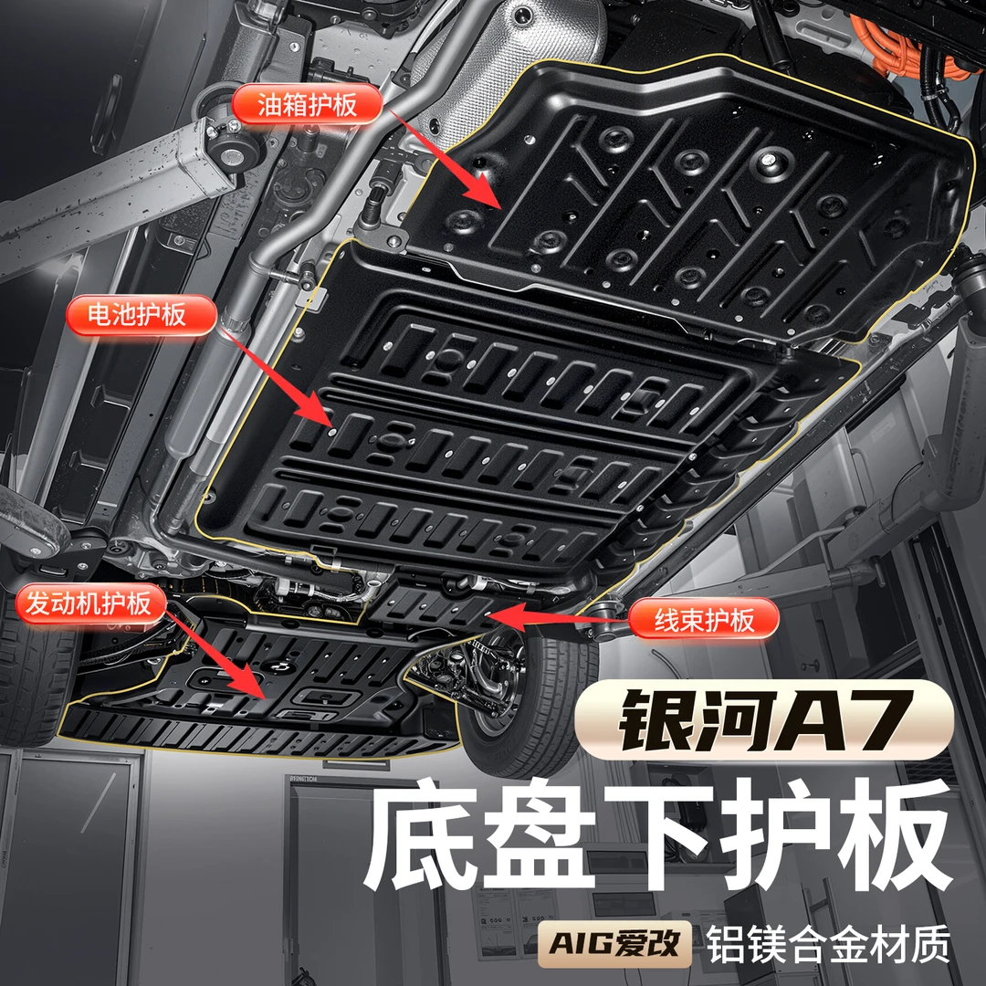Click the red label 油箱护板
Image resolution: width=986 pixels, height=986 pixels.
tap(307, 103)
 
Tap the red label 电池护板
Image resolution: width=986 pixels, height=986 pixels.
tap(142, 315)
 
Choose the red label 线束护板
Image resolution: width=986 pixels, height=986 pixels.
tap(704, 621)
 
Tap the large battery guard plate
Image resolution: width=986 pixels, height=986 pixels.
tap(511, 438)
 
